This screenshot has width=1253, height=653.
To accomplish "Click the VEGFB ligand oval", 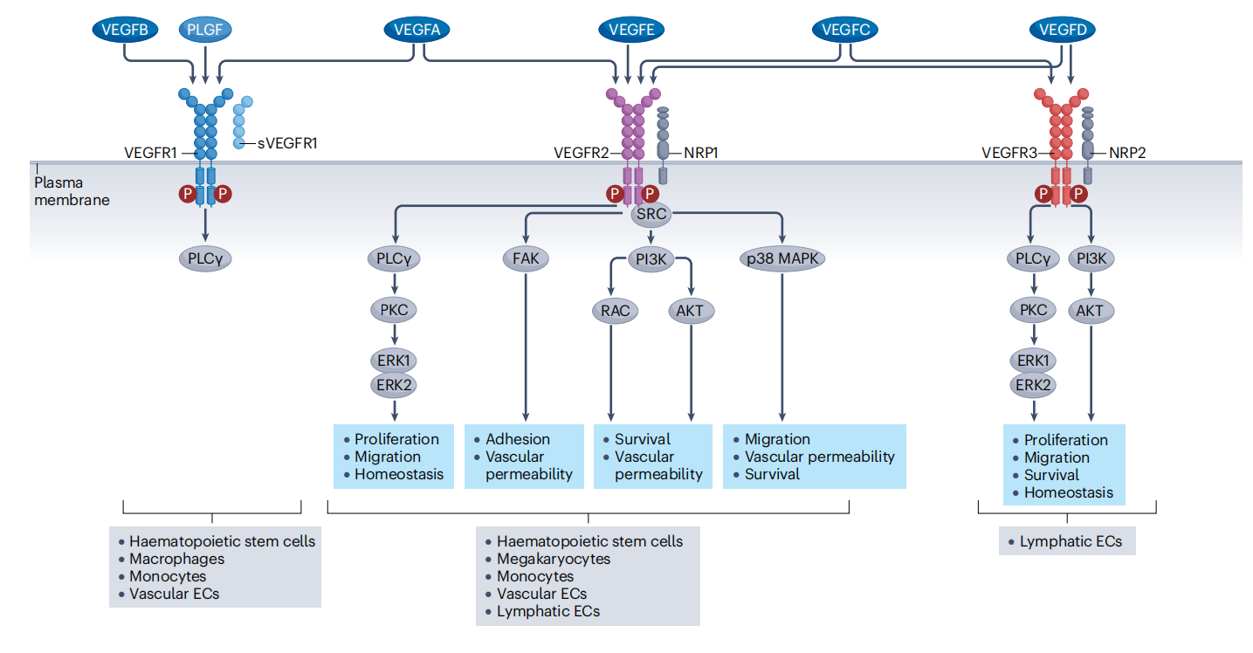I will click(x=125, y=31).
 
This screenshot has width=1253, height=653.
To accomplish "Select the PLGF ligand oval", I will click(x=205, y=31).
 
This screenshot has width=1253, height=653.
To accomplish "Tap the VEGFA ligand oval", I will click(x=417, y=31).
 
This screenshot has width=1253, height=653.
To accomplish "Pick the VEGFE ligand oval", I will click(x=631, y=31).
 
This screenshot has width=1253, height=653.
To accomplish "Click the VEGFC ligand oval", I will click(x=844, y=31).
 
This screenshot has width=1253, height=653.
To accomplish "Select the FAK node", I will click(x=525, y=258).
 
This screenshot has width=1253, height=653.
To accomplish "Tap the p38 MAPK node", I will click(x=781, y=258).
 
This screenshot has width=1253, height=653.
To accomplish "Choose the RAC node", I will click(x=610, y=309).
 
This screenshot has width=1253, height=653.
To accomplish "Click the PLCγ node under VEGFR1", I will click(x=206, y=258).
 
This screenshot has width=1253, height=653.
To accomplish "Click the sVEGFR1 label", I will click(x=286, y=141).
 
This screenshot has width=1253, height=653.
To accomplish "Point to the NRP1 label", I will click(x=700, y=153).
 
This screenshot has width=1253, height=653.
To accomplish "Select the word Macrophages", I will click(x=176, y=559).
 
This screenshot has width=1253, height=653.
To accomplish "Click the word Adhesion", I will click(x=518, y=439).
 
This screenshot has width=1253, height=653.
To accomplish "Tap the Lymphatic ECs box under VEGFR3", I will click(x=1066, y=541).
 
